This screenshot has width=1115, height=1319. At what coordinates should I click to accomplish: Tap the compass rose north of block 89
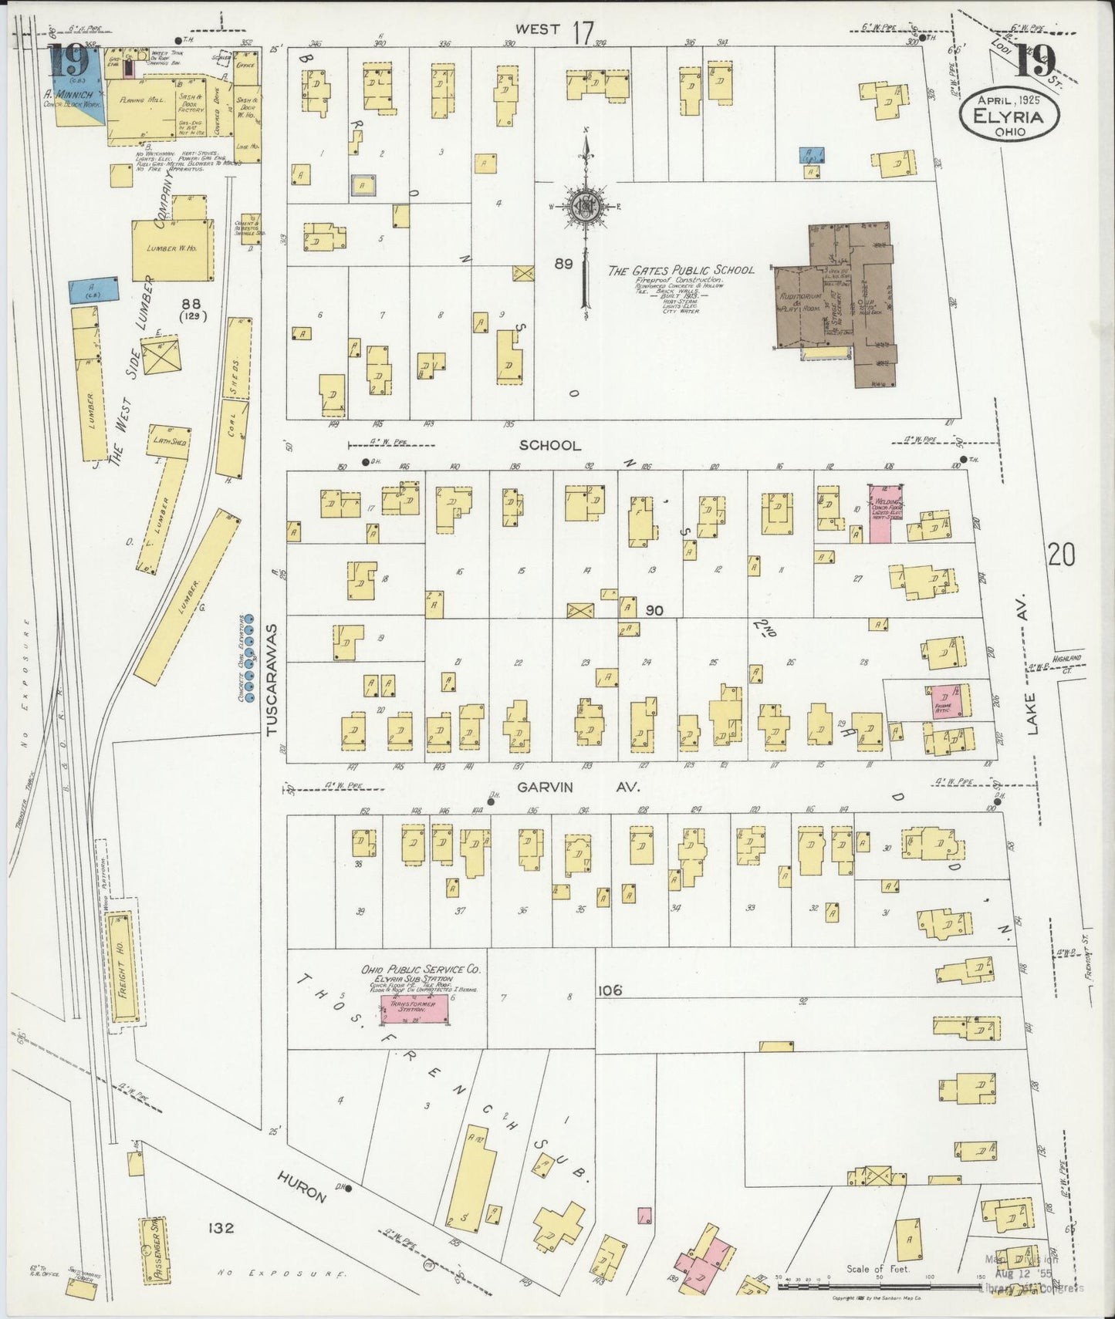(x=586, y=204)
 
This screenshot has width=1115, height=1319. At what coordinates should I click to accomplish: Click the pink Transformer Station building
(x=417, y=1009)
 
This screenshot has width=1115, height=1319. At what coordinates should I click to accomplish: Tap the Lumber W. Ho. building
(x=173, y=250)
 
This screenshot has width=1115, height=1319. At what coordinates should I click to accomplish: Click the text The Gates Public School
(x=681, y=270)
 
